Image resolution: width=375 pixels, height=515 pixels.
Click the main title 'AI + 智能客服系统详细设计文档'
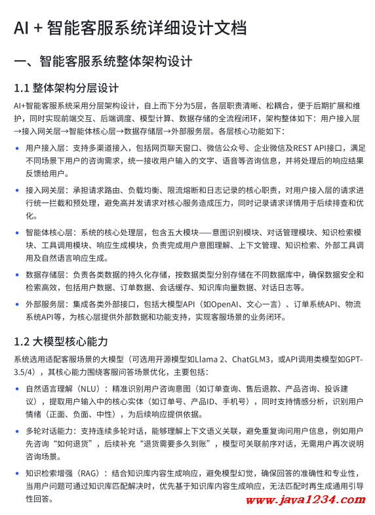tap(130, 28)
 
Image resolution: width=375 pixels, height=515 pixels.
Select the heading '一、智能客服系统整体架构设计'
tap(103, 62)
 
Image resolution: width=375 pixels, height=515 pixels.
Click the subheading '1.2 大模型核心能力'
tap(61, 342)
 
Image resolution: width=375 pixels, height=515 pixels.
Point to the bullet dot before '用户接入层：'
tap(16, 149)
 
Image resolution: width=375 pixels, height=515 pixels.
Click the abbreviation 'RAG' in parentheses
tap(89, 473)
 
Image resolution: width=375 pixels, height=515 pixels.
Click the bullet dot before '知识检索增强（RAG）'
tap(16, 473)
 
